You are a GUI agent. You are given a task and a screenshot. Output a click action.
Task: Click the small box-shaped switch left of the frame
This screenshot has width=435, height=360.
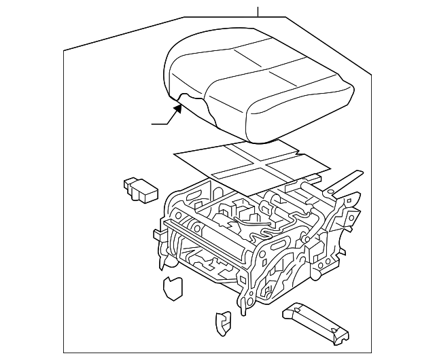pos(139,190)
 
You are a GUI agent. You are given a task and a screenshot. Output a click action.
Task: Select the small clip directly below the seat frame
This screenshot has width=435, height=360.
pos(222,322)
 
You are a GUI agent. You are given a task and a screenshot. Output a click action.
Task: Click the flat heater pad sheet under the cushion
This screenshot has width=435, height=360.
pos(204,166)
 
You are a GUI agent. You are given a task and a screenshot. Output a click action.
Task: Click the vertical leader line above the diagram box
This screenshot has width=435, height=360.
pos(258,11)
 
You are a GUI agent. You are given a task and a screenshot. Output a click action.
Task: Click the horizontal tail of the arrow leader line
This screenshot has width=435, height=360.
pos(160,124)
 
